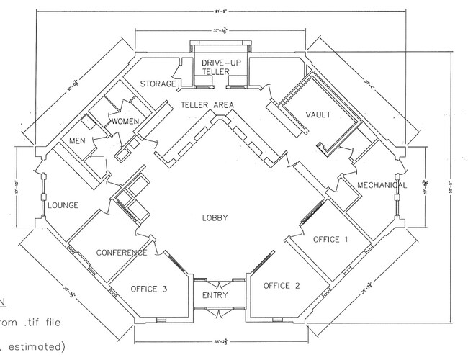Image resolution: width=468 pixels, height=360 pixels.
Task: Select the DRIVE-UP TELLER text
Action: [215, 68]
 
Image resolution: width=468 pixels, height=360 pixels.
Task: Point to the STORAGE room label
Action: [158, 84]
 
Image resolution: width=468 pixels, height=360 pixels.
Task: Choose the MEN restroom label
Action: [77, 140]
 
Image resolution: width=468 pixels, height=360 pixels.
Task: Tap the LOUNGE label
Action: [63, 205]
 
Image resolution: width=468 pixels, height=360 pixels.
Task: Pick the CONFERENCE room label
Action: [121, 253]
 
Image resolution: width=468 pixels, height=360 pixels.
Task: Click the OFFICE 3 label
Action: [149, 289]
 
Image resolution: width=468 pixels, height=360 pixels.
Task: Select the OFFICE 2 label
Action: [282, 285]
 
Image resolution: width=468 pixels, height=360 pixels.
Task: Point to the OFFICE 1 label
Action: [330, 240]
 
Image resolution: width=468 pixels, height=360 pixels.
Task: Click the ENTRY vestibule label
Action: [215, 295]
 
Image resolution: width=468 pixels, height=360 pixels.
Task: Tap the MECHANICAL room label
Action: [381, 185]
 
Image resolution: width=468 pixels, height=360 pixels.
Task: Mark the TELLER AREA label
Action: [209, 105]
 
